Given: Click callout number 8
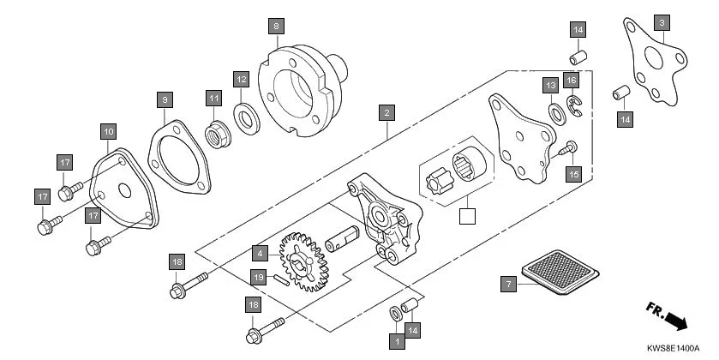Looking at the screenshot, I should point(275,26).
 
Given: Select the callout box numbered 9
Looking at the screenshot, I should point(165,99).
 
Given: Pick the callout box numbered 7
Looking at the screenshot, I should point(508,283).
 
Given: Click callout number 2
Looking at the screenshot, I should point(387,112).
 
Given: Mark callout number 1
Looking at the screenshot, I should point(396,340).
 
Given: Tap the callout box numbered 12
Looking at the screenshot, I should point(242,79).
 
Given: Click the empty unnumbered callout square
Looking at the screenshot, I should point(466,216).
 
